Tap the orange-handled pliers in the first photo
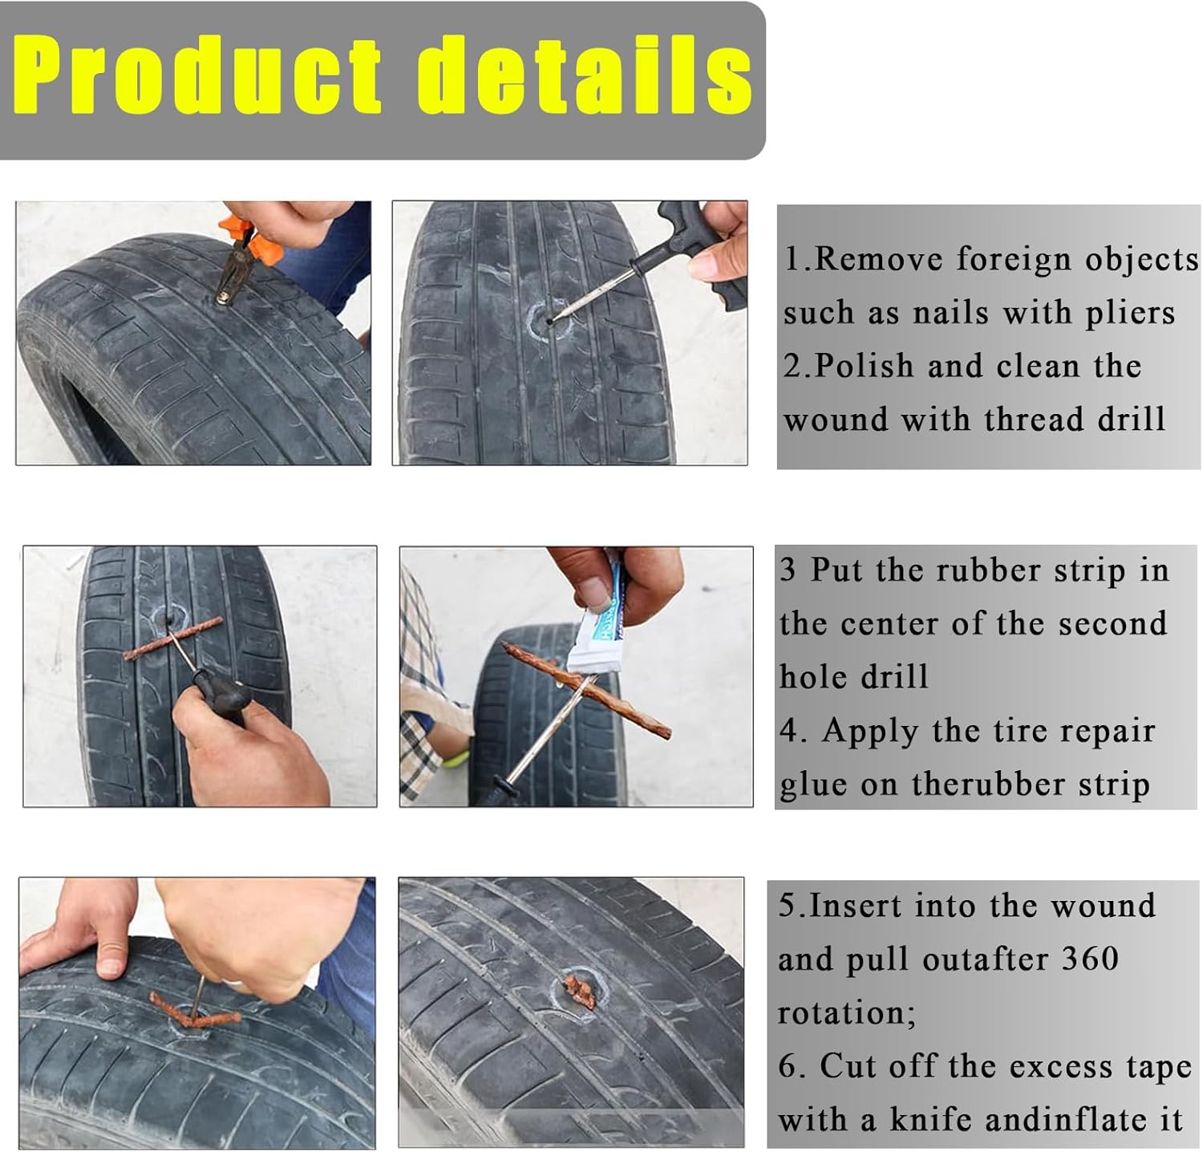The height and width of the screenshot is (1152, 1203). pos(240,254)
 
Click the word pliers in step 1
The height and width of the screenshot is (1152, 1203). pos(1130,314)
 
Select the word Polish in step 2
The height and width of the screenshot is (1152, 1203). pos(864,366)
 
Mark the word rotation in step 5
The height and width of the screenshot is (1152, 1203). pos(846,1013)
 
